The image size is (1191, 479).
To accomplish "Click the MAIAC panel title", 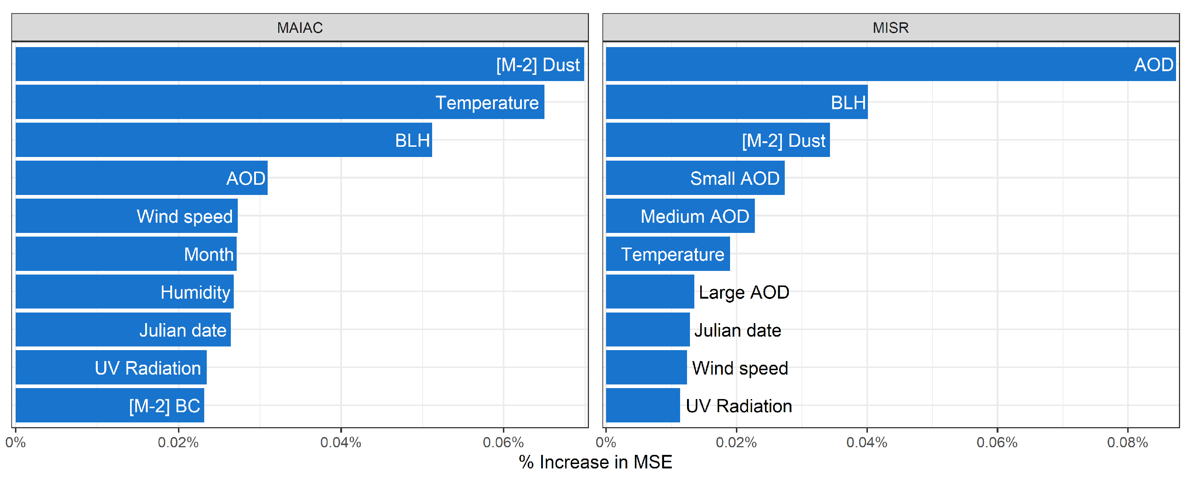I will pos(300,28).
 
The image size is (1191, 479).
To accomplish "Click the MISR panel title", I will pos(891,28).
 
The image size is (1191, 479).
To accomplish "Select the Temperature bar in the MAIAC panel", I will pos(280,102).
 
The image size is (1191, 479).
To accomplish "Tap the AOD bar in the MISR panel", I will pos(891,64).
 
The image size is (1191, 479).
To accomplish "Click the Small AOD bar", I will pos(695,178).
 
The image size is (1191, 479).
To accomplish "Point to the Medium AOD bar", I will pos(680,216).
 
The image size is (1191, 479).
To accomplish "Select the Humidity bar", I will pos(125,292).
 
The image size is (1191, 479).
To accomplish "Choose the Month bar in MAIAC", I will pos(126,254).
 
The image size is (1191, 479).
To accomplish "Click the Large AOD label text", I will pos(744,292).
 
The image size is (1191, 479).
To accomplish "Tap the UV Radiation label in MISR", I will pos(739,406).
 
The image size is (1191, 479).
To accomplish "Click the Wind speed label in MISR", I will pos(740,368).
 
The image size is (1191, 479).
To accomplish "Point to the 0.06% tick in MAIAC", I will pos(503,442).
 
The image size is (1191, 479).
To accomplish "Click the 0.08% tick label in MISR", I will pos(1127,442).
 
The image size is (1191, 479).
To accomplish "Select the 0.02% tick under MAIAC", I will pos(178,442).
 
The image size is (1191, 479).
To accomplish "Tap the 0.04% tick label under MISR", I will pos(866,442).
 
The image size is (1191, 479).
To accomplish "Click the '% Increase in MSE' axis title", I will pos(595,462).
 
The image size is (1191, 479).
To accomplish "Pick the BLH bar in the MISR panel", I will pos(737,102).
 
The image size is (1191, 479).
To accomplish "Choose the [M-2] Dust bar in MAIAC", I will pos(300,64).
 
